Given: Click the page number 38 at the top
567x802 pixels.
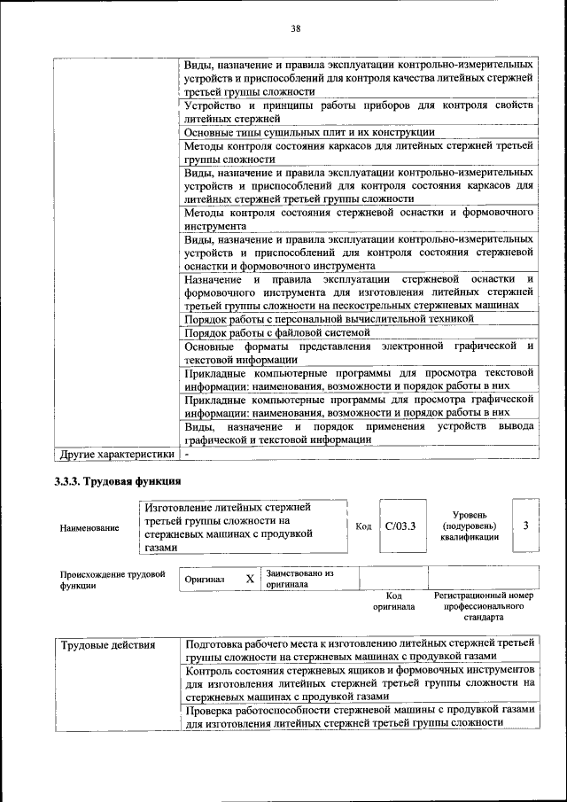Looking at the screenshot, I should (296, 28).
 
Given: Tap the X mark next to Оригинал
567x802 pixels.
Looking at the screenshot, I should (250, 579).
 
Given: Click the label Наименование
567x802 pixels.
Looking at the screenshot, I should (89, 528).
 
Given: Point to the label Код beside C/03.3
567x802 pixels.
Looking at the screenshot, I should (362, 526).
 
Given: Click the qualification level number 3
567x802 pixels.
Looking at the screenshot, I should (526, 526).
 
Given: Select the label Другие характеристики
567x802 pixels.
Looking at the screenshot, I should (116, 455).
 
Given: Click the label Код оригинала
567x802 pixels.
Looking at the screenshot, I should (393, 602).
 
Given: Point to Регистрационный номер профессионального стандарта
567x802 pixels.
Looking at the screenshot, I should (484, 607).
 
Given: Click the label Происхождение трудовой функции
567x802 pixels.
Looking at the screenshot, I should (113, 580).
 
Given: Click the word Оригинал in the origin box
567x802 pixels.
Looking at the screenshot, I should (205, 580).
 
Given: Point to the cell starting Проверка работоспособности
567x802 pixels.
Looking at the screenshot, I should (359, 716).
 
